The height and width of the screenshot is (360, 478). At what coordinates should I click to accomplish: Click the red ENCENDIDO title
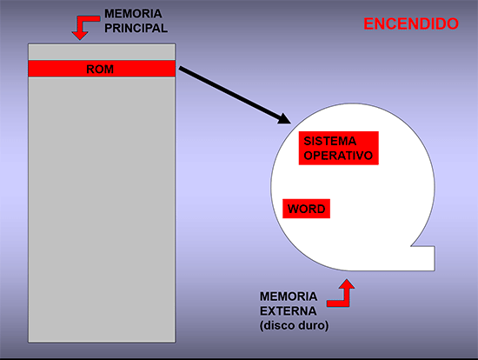point(411,23)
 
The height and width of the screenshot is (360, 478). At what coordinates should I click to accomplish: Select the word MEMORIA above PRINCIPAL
point(133,14)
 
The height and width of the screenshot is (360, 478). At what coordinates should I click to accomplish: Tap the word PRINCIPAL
point(136,28)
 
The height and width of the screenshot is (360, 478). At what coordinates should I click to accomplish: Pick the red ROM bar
point(102,69)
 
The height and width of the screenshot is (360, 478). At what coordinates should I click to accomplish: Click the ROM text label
point(100,70)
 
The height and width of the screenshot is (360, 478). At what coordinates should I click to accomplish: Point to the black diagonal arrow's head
point(284,119)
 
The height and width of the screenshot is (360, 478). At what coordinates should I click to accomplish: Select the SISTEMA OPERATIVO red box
point(339,149)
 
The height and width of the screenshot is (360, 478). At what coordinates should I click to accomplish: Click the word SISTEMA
point(330,141)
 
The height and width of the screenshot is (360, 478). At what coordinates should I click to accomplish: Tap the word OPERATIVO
point(338,156)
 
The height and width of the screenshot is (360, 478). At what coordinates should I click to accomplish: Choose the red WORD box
point(307,209)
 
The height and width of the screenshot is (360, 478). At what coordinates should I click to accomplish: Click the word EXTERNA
point(288,311)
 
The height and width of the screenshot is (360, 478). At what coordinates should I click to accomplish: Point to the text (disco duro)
point(294,325)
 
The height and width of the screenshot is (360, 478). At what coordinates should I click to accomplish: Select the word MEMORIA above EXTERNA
point(289,297)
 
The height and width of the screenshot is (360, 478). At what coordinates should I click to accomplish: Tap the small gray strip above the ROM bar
point(102,52)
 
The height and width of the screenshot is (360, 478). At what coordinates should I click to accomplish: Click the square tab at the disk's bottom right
point(423,258)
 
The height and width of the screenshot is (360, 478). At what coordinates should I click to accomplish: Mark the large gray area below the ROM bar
point(102,210)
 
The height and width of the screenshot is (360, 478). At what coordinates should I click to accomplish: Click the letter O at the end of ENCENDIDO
point(453,23)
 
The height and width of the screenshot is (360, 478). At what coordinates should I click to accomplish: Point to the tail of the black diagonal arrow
point(181,68)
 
